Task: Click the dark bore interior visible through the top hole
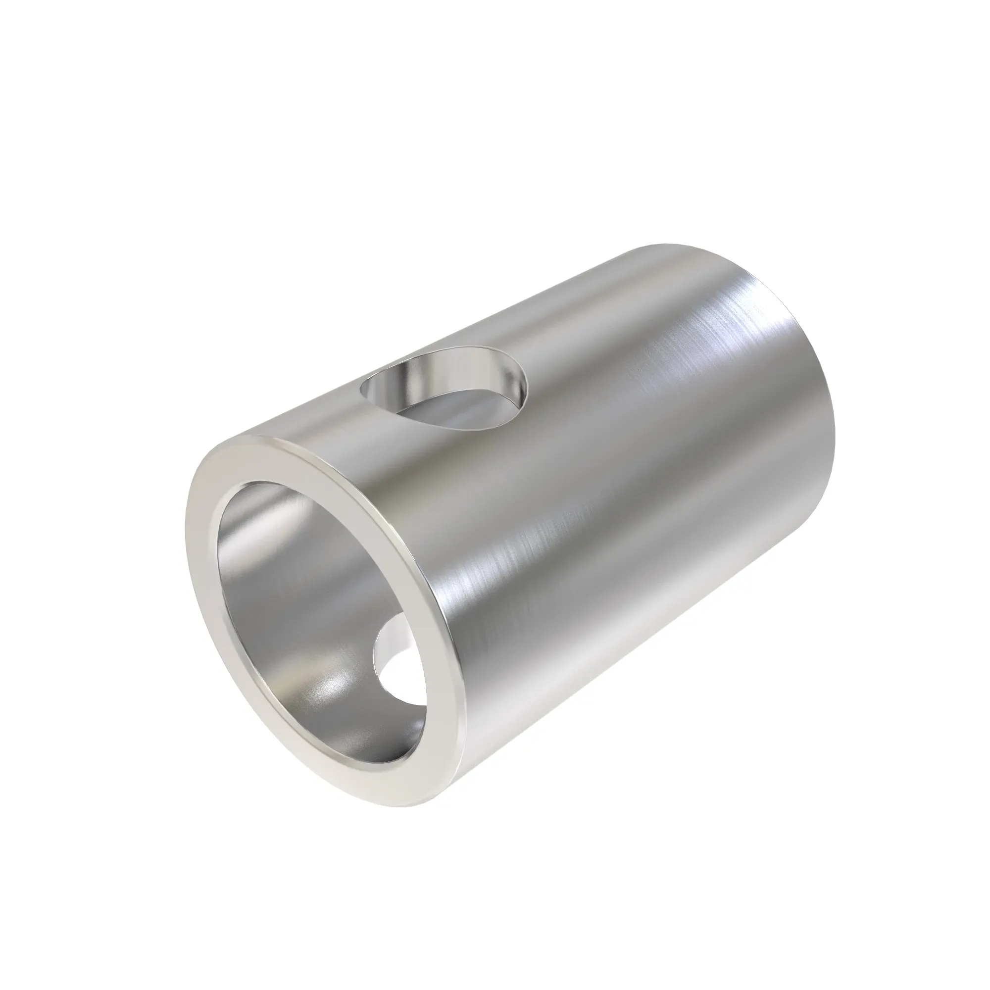[x=451, y=410]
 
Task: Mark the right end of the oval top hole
[x=527, y=382]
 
